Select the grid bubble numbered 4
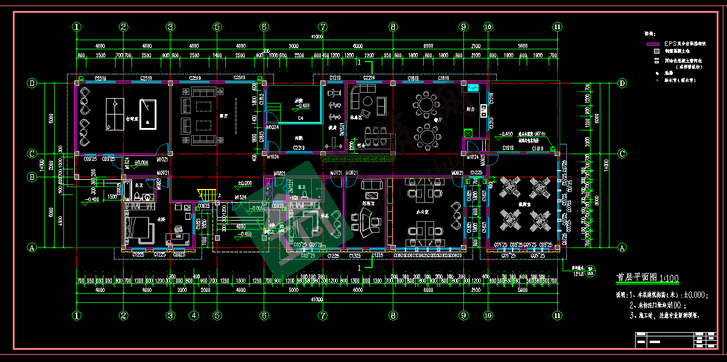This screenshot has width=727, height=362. [194, 316]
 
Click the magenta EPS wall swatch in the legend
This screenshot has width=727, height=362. [653, 44]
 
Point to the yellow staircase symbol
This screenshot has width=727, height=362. [206, 194]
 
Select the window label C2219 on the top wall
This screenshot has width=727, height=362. [368, 78]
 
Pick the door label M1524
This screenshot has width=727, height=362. [241, 197]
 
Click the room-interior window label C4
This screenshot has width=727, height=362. [301, 118]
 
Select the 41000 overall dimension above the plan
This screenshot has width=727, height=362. [316, 38]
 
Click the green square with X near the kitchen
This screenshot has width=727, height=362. [468, 133]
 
